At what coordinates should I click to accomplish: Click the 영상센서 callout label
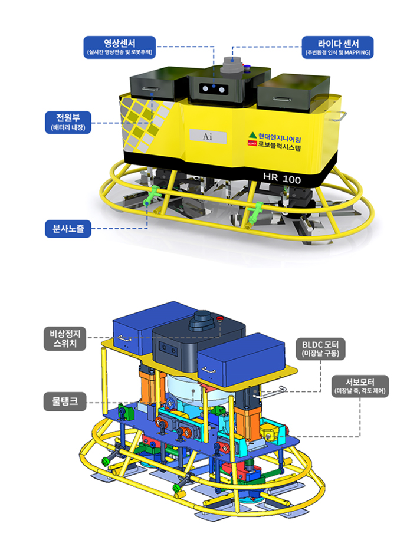click(x=120, y=47)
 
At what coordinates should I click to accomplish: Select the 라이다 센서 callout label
click(x=337, y=47)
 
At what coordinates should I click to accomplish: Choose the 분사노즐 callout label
click(x=68, y=228)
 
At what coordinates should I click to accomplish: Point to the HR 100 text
click(x=281, y=177)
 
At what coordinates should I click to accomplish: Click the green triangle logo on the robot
click(x=252, y=134)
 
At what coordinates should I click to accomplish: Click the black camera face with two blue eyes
click(x=214, y=88)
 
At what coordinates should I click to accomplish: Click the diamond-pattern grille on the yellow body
click(x=142, y=124)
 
